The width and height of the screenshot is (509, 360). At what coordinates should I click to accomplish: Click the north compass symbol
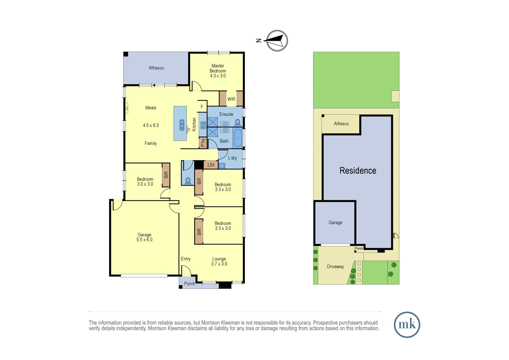pos(277,41)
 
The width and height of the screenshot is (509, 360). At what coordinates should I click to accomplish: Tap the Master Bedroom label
pos(218,71)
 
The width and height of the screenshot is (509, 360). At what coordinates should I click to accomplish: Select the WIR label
pos(231,99)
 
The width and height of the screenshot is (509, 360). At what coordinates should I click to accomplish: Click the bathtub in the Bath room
pos(238,138)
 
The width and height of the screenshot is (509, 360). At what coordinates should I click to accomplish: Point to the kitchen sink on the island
pos(182,125)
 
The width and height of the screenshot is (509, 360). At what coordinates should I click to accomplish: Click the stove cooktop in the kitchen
pos(203,125)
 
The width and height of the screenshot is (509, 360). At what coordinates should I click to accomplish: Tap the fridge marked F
pos(202,107)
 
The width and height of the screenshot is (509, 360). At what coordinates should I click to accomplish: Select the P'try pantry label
pos(203,143)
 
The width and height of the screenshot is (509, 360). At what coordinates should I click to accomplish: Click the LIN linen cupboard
pos(211,165)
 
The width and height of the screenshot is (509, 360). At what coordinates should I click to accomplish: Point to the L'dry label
pos(233,158)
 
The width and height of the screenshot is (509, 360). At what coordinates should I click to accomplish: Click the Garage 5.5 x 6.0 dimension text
pos(144,240)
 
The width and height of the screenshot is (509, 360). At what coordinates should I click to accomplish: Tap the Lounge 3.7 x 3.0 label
pos(219,261)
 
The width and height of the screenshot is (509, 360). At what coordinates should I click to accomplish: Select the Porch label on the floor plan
pos(189,284)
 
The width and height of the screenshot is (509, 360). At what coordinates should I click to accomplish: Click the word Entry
pos(186,259)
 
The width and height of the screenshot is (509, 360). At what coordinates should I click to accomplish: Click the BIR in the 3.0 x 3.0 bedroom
pos(166,175)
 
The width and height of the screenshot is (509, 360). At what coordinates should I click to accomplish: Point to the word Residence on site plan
pos(358,171)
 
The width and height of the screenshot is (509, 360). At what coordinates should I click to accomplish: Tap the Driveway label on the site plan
pos(335,267)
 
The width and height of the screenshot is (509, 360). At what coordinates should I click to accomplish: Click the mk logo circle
pos(407,325)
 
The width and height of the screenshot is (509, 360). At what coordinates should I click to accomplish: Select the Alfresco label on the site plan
pos(341,124)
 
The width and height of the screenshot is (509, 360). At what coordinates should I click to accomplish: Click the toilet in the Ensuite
pos(238,122)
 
